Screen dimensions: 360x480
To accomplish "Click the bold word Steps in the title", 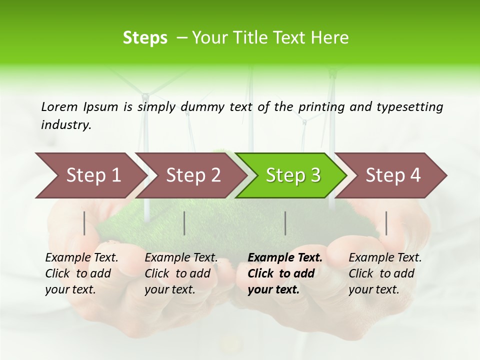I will (x=145, y=38).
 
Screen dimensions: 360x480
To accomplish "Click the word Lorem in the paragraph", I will (x=59, y=107).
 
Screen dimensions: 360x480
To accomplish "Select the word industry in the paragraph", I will (x=65, y=125).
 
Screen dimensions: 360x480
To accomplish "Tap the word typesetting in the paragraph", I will (x=409, y=107).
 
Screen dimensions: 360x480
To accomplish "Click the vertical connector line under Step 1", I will (x=84, y=223).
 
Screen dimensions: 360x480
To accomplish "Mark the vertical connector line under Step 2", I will (x=184, y=223).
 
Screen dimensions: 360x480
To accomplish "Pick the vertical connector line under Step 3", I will (x=285, y=223).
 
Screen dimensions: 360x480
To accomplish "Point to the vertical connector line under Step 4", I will (x=386, y=223).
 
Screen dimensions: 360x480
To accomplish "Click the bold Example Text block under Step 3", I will (x=284, y=273).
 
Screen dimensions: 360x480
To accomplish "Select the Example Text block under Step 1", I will (x=81, y=273).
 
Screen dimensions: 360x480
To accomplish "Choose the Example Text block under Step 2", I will (x=180, y=273).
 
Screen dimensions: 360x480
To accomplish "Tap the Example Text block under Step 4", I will (x=384, y=273).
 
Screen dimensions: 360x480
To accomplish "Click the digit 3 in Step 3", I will (x=315, y=175).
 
